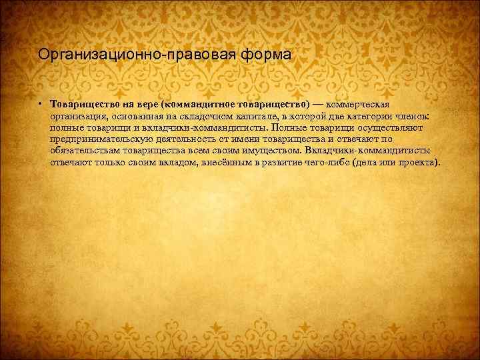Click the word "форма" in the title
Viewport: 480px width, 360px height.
click(x=269, y=54)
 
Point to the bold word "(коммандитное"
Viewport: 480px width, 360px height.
click(x=193, y=105)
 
